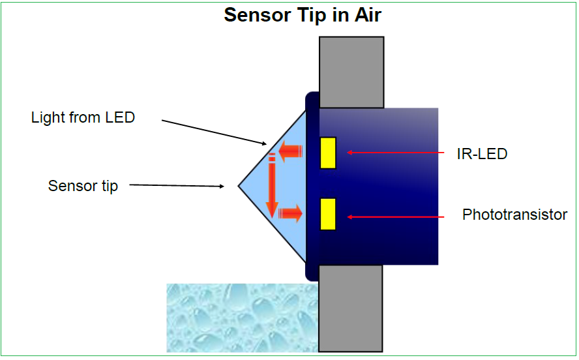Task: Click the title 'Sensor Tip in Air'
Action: (x=303, y=15)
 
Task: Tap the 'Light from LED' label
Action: (x=83, y=117)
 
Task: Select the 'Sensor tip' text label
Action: (x=83, y=186)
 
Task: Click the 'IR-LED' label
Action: (x=482, y=154)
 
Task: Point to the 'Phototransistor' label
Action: (x=514, y=215)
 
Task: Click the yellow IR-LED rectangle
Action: (x=328, y=153)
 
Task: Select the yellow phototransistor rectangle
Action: (x=328, y=214)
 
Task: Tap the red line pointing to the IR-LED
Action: (x=396, y=153)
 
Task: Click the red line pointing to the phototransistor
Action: (x=396, y=217)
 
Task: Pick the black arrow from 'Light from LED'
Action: (x=214, y=132)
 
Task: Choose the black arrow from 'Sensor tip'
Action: (x=177, y=185)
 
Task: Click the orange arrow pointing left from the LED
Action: (x=291, y=151)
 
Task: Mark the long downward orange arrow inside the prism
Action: (x=272, y=185)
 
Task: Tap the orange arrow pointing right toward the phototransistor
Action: (x=290, y=213)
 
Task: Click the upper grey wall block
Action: (x=351, y=72)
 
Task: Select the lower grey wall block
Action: (x=350, y=308)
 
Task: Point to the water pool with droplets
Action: (x=243, y=318)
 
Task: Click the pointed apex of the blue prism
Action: (x=238, y=186)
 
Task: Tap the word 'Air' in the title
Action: (x=368, y=15)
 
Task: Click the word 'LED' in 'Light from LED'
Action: (x=120, y=117)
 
